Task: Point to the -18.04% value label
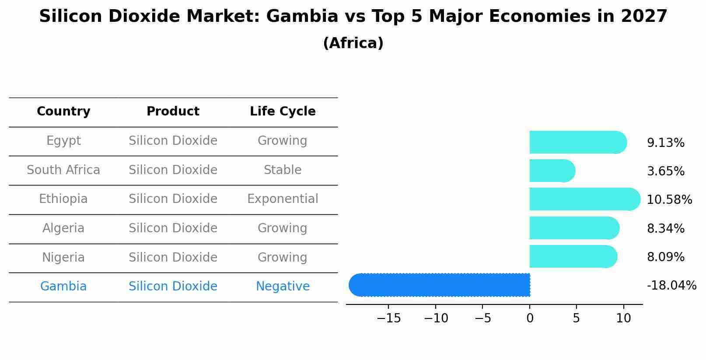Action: point(671,286)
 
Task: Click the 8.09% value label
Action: point(665,257)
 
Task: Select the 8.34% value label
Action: point(665,228)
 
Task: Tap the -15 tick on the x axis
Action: point(388,318)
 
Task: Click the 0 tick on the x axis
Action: point(530,318)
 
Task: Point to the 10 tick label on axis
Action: point(623,318)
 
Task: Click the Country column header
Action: point(63,112)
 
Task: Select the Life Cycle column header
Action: point(283,112)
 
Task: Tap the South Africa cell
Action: point(63,170)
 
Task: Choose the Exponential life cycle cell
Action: point(283,199)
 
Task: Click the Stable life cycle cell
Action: point(283,170)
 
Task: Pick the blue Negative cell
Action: point(283,287)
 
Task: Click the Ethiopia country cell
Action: point(63,199)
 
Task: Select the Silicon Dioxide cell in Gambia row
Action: point(173,287)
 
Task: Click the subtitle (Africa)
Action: point(353,43)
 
